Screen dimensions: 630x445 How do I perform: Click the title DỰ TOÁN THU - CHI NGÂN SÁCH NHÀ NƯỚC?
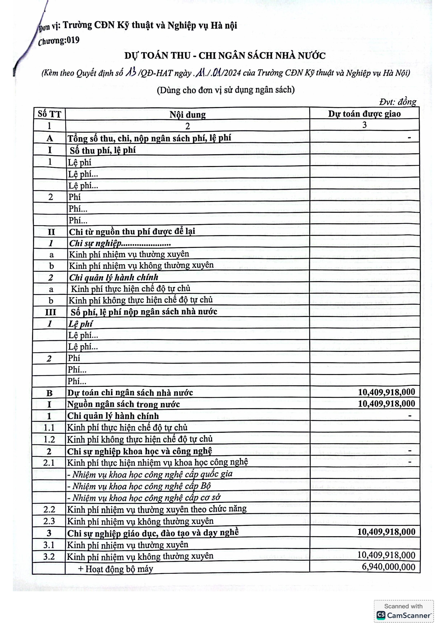[225, 56]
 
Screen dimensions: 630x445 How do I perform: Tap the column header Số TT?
[49, 114]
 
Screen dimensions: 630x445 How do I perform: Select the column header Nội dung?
[188, 114]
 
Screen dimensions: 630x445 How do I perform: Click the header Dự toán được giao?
[364, 114]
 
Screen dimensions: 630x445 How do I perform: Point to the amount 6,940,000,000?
[388, 567]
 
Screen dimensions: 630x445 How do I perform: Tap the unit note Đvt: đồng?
[398, 102]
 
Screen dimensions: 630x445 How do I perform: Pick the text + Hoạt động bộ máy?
[115, 569]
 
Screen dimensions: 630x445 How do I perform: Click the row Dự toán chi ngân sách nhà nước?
[130, 393]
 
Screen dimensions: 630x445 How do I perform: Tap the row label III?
[50, 312]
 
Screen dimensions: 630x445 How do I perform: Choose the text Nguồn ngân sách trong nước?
[124, 404]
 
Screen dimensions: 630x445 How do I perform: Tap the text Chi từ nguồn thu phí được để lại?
[132, 232]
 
